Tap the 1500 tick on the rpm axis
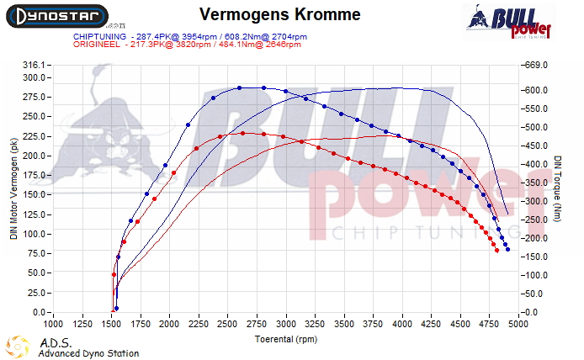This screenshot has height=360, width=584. pyautogui.click(x=111, y=322)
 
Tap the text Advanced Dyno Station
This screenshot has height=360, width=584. pyautogui.click(x=88, y=353)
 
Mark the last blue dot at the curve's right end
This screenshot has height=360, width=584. pyautogui.click(x=507, y=249)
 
